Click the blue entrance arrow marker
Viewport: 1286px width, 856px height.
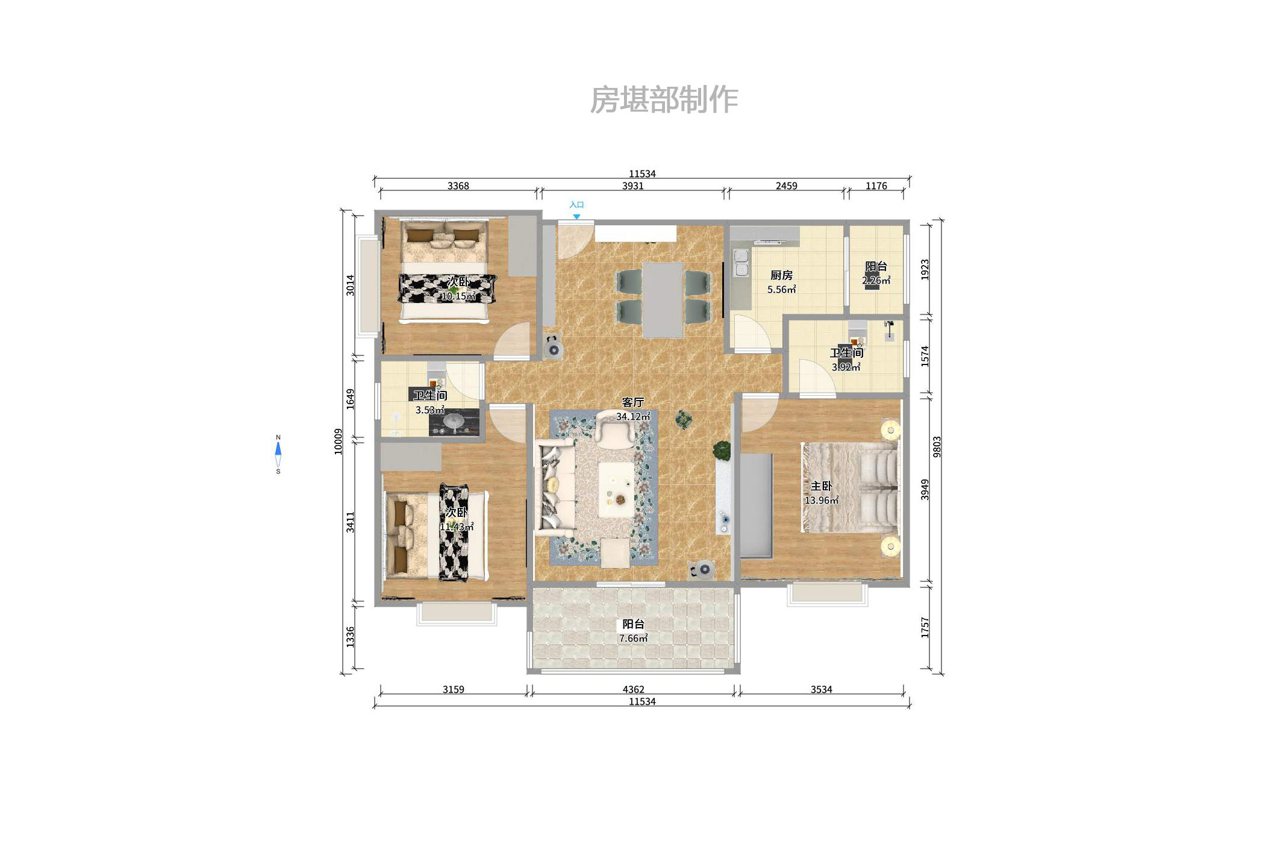click(x=576, y=216)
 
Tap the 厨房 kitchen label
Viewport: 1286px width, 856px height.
click(x=781, y=275)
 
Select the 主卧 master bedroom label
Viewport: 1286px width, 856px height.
click(x=821, y=486)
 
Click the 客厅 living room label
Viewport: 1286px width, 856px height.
click(x=633, y=402)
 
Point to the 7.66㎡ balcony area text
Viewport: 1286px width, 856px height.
click(x=633, y=639)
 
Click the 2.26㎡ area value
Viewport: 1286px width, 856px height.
click(x=876, y=281)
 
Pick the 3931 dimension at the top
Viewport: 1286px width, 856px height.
click(x=632, y=186)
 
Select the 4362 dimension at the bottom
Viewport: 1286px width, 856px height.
click(x=633, y=689)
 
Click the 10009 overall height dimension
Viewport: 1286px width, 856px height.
click(x=339, y=441)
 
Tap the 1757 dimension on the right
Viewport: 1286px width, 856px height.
click(x=925, y=628)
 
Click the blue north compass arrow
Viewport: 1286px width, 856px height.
click(x=278, y=449)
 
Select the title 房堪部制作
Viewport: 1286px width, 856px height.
click(x=664, y=100)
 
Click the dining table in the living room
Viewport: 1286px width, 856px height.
click(x=662, y=299)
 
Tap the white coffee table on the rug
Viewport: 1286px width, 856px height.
click(x=616, y=489)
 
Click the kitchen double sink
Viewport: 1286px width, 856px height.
click(x=741, y=263)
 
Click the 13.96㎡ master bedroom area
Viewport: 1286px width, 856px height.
click(x=822, y=501)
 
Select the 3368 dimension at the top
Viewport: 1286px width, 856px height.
click(x=458, y=186)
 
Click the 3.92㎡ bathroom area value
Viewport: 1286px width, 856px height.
click(x=846, y=367)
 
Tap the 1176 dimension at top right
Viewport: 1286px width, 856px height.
click(x=876, y=186)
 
